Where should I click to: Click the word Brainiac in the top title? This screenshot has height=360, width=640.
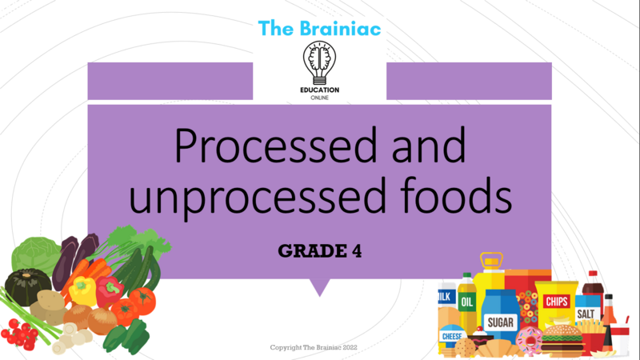pyautogui.click(x=341, y=29)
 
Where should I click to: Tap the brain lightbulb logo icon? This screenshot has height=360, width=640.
pyautogui.click(x=319, y=63)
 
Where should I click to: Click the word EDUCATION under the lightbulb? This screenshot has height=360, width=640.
pyautogui.click(x=319, y=90)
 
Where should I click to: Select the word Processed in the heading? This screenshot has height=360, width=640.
pyautogui.click(x=275, y=147)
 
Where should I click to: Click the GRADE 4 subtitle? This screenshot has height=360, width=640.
pyautogui.click(x=319, y=251)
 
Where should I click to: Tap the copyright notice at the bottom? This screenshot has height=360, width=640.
pyautogui.click(x=314, y=347)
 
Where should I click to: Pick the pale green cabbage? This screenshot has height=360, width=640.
pyautogui.click(x=34, y=255)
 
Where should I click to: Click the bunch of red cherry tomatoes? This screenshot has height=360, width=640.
pyautogui.click(x=18, y=334)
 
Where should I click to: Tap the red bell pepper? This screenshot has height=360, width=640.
pyautogui.click(x=109, y=291)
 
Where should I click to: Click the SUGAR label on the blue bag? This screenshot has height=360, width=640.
pyautogui.click(x=501, y=322)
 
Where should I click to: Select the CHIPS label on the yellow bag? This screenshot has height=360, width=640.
pyautogui.click(x=556, y=302)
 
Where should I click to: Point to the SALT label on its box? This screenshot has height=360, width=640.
pyautogui.click(x=586, y=314)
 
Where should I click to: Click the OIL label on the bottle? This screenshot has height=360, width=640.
pyautogui.click(x=467, y=302)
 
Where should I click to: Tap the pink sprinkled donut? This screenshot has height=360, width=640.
pyautogui.click(x=529, y=339)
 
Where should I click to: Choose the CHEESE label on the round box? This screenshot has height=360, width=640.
pyautogui.click(x=452, y=336)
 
